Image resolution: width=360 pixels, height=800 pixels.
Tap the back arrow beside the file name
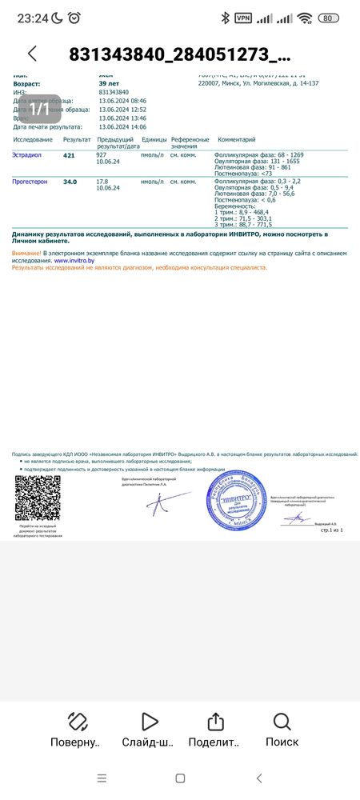click(32, 54)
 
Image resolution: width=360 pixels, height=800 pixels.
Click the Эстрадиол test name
click(29, 155)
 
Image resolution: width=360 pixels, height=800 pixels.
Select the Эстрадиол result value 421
click(69, 155)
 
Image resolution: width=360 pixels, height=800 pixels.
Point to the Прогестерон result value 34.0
click(70, 182)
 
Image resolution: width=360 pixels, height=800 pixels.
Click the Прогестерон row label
click(30, 182)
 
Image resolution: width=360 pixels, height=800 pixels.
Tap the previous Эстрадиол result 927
click(102, 155)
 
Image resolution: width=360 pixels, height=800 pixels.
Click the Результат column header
click(76, 139)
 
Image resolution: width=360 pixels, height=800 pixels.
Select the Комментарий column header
click(237, 139)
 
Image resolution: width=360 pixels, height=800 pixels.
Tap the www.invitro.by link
click(72, 260)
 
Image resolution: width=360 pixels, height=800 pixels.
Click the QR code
click(38, 498)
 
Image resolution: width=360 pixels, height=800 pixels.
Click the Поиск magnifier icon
click(282, 722)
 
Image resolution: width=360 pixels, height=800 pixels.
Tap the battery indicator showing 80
click(328, 18)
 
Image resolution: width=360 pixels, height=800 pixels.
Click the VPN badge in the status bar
click(242, 18)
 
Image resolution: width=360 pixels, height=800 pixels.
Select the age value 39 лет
click(109, 83)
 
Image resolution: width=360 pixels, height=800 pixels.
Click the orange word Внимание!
click(26, 253)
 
